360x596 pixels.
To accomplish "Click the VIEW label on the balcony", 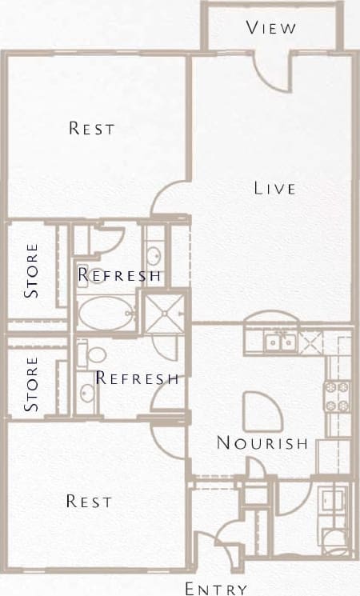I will (272, 28).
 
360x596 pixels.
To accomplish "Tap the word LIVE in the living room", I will (275, 189).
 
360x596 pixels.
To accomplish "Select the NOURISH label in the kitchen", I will (262, 443).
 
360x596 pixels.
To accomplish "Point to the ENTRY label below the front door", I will (216, 589).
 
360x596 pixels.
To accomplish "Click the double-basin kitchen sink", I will (280, 342).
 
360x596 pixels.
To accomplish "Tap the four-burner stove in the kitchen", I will (336, 396).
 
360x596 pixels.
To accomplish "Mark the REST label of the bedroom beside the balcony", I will (91, 128).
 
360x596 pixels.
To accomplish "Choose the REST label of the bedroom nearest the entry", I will (88, 502).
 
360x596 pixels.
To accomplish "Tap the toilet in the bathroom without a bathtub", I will (97, 354).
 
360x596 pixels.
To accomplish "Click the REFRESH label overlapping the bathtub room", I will (120, 276).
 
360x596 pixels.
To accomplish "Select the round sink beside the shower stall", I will (154, 257).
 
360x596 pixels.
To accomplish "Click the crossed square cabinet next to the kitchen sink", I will (310, 342).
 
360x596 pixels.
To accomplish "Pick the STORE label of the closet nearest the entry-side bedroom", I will (32, 385).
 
